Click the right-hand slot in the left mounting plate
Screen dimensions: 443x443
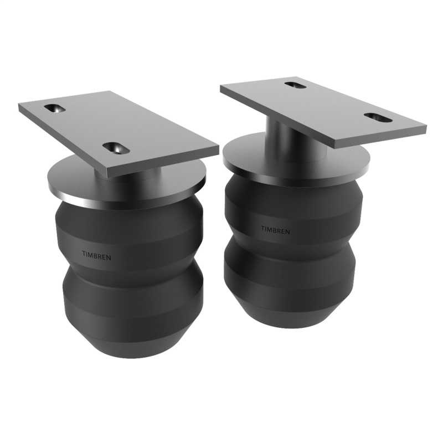tap(115, 148)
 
